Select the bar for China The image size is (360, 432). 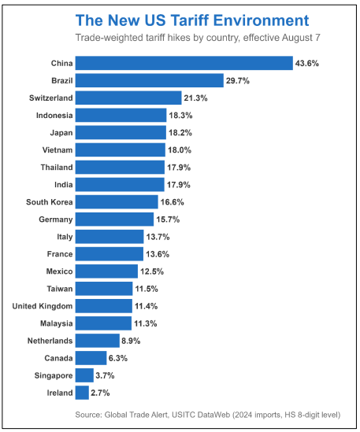click(184, 63)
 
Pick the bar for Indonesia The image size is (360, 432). click(121, 115)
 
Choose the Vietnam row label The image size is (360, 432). click(57, 150)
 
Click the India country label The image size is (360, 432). click(62, 184)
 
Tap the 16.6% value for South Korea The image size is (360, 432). click(176, 201)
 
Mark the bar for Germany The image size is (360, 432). click(115, 219)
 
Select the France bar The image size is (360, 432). click(109, 253)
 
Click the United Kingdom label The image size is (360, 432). click(43, 305)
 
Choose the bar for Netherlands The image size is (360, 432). click(98, 340)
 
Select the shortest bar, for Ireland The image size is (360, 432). click(83, 392)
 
